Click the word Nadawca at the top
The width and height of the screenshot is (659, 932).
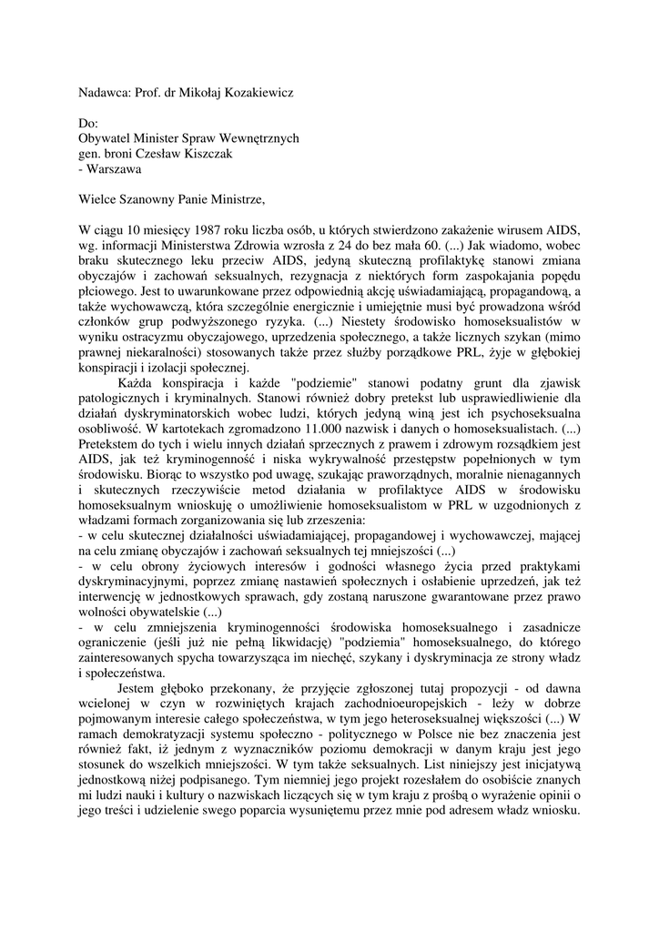pos(103,93)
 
